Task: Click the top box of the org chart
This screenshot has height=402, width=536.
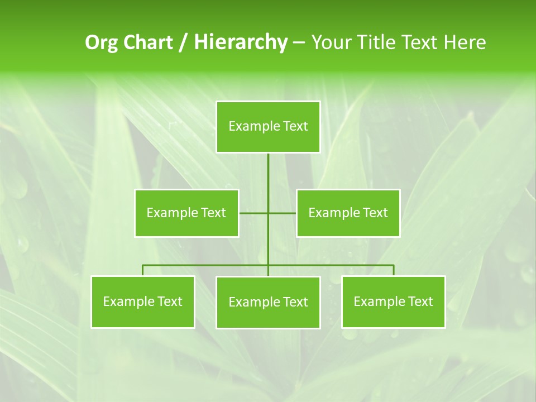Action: coord(268,127)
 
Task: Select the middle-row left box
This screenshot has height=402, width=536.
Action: coord(186,213)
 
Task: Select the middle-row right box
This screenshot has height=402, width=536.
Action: coord(348,213)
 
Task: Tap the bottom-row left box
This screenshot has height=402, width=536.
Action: coord(143,301)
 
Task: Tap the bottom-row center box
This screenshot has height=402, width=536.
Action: coord(268,302)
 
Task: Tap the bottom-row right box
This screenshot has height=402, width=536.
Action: coord(393,301)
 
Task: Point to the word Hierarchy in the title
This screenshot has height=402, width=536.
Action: coord(241,42)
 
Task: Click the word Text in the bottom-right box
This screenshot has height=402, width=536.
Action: coord(420,301)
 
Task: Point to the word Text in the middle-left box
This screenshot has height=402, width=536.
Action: coord(213,213)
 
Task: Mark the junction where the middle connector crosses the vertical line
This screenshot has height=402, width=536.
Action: coord(268,213)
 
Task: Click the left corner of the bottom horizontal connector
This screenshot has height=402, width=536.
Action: coord(143,265)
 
